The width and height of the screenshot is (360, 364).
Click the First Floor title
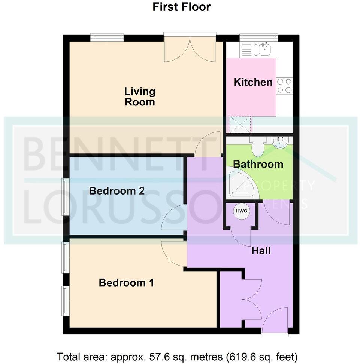pos(182,7)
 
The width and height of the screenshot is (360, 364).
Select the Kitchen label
pos(253,82)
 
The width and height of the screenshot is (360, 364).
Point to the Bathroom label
pos(258,164)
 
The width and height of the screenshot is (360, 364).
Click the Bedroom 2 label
pos(117,191)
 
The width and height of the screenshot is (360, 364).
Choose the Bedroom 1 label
pos(126,283)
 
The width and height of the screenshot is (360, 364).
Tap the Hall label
pos(261,251)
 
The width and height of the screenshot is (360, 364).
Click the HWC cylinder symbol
pos(240,211)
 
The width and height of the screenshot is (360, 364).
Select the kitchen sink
pos(263,49)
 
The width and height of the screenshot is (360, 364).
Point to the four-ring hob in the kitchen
pos(284,86)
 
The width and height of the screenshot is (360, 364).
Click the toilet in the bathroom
pos(258,147)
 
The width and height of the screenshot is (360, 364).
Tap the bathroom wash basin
pos(280,143)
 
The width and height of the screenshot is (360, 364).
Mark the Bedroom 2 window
pos(65,197)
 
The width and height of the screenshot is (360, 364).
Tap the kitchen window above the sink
pos(258,37)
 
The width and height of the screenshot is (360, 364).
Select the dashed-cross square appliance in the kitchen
pos(240,124)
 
